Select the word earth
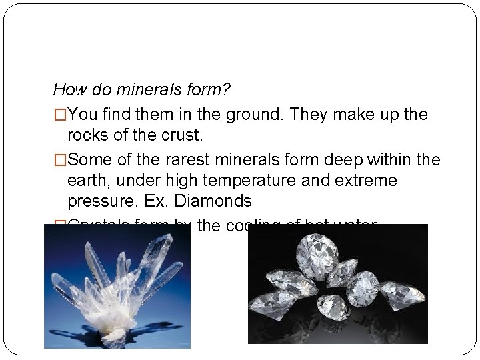88,181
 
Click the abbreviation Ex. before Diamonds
151,201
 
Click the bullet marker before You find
59,115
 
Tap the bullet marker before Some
59,160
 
